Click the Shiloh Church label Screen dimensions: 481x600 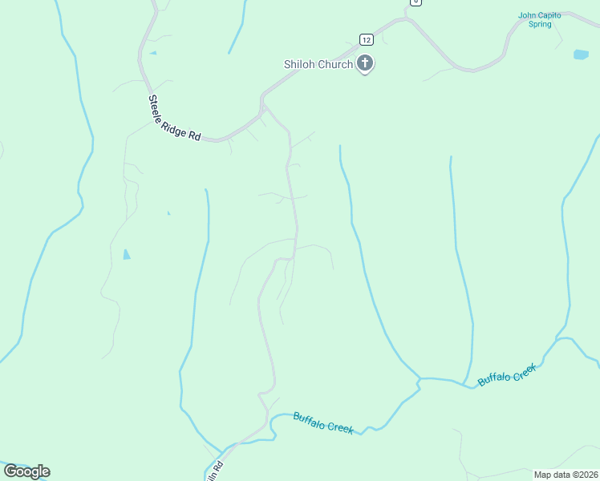pyautogui.click(x=318, y=64)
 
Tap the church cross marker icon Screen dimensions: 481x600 pyautogui.click(x=365, y=63)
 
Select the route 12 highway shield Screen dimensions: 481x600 pyautogui.click(x=366, y=39)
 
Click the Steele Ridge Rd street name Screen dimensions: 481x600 pyautogui.click(x=174, y=119)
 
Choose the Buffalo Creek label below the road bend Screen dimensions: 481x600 pyautogui.click(x=323, y=422)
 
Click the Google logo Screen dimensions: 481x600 pyautogui.click(x=26, y=471)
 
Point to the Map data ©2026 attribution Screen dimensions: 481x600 pyautogui.click(x=566, y=475)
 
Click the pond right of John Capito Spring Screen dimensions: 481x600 pyautogui.click(x=581, y=55)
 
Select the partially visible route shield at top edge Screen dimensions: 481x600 pyautogui.click(x=415, y=2)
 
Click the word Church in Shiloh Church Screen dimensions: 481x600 pyautogui.click(x=335, y=64)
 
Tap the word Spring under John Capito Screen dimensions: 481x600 pyautogui.click(x=540, y=24)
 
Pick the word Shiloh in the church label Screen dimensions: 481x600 pyautogui.click(x=299, y=64)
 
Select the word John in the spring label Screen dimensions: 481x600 pyautogui.click(x=526, y=14)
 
